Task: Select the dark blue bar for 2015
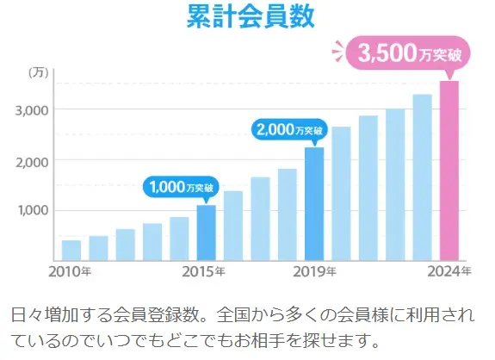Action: tap(207, 233)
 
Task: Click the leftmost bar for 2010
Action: tap(71, 250)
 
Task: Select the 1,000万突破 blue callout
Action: tap(181, 186)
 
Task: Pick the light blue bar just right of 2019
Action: tap(341, 194)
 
